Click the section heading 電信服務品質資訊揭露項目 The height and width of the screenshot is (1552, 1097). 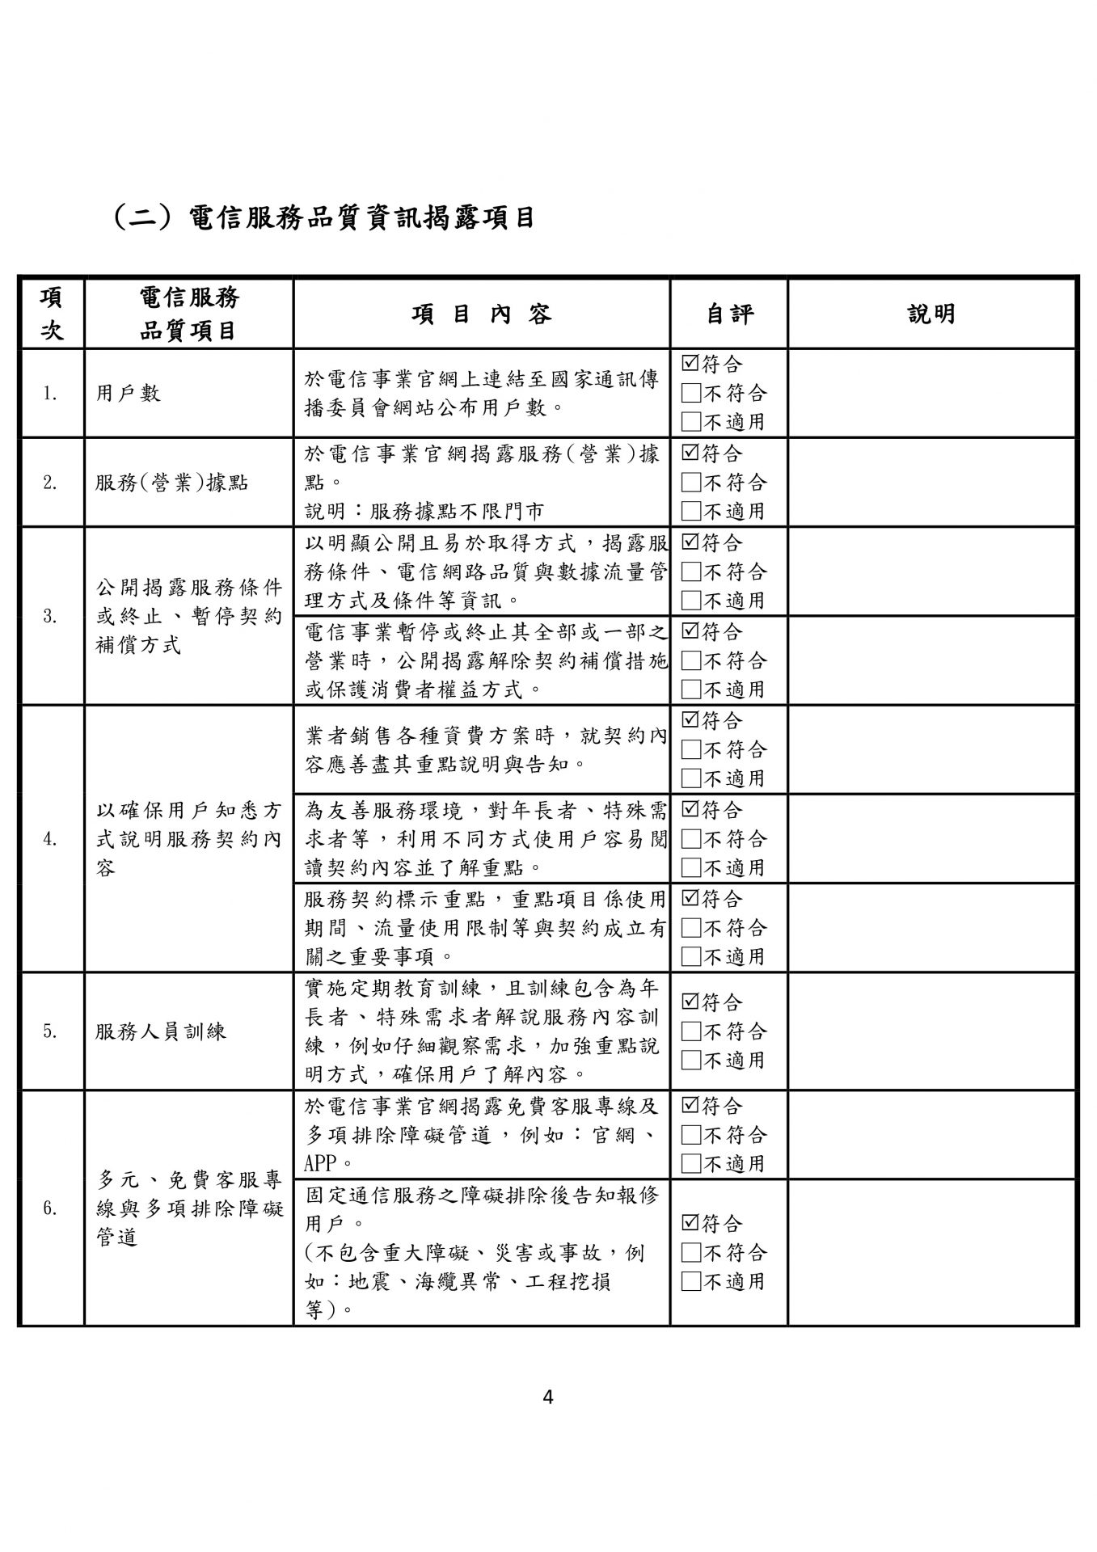tap(323, 217)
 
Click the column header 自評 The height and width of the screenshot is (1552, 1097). tap(728, 314)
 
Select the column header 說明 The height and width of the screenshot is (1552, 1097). tap(931, 314)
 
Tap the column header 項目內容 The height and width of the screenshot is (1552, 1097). tap(482, 314)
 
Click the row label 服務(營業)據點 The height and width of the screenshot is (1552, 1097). tap(171, 483)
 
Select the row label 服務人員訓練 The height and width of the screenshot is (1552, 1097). tap(161, 1031)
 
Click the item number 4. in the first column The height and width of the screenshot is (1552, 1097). tap(50, 839)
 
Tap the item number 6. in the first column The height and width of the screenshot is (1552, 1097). tap(50, 1208)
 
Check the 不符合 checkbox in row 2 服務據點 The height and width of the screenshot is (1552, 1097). tap(690, 483)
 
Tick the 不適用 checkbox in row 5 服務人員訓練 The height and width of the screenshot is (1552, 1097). tap(690, 1060)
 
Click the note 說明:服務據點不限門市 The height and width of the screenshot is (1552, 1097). tap(424, 511)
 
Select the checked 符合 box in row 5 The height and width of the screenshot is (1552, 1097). tap(690, 1002)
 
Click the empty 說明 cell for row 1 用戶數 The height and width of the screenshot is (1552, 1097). tap(931, 394)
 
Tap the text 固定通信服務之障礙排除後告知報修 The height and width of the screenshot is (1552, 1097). tap(482, 1194)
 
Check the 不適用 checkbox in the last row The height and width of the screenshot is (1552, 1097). tap(690, 1281)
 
